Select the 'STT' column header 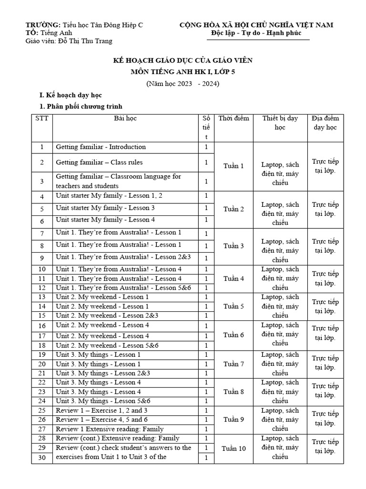pyautogui.click(x=42, y=118)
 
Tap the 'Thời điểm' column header pyautogui.click(x=234, y=118)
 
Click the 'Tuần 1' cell pyautogui.click(x=234, y=166)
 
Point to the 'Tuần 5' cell pyautogui.click(x=234, y=307)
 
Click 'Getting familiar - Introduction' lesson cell pyautogui.click(x=101, y=147)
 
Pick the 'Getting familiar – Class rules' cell pyautogui.click(x=99, y=162)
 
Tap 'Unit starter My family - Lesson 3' pyautogui.click(x=105, y=208)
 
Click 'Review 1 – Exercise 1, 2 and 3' pyautogui.click(x=102, y=410)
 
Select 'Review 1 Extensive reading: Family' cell pyautogui.click(x=110, y=429)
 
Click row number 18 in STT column pyautogui.click(x=42, y=345)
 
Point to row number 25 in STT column pyautogui.click(x=42, y=410)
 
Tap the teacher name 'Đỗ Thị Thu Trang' pyautogui.click(x=85, y=41)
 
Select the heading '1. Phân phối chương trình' pyautogui.click(x=81, y=106)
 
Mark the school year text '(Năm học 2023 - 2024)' pyautogui.click(x=183, y=84)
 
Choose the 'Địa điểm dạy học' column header pyautogui.click(x=325, y=123)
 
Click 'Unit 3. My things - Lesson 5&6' pyautogui.click(x=103, y=401)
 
